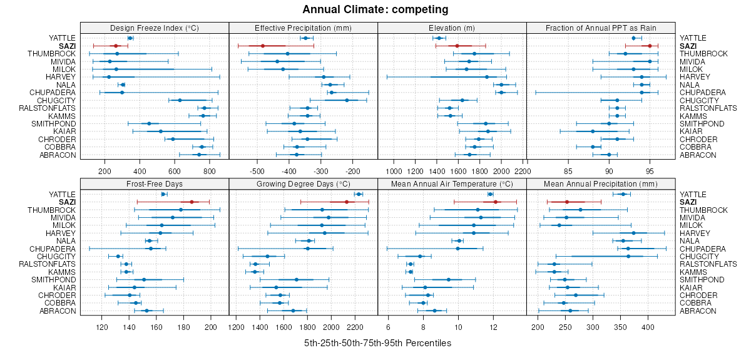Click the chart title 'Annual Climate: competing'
(375, 9)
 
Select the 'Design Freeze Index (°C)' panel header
(155, 28)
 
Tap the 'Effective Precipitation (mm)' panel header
(304, 28)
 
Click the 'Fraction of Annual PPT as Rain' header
(601, 28)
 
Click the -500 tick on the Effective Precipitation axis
(257, 170)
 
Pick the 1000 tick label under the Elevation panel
(394, 170)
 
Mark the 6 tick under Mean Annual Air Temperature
(388, 326)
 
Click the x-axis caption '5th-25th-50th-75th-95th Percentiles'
(377, 343)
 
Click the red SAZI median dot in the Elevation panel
(457, 46)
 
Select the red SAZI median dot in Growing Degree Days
(346, 202)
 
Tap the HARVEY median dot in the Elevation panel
(487, 77)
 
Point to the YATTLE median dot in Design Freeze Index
(130, 38)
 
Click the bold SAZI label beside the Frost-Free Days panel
(67, 202)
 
